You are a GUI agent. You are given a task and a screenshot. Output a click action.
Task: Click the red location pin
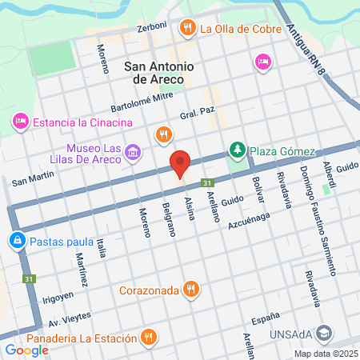tap(181, 163)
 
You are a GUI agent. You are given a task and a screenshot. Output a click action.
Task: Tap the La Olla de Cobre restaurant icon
tap(188, 28)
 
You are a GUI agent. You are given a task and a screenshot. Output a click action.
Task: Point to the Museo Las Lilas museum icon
tap(133, 152)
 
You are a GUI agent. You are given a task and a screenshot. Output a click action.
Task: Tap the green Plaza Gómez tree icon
tap(237, 150)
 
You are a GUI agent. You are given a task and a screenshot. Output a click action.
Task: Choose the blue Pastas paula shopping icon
tap(17, 239)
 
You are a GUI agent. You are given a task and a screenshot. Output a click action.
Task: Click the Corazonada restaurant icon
tap(190, 289)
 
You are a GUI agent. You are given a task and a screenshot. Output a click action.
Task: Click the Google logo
tap(26, 350)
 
